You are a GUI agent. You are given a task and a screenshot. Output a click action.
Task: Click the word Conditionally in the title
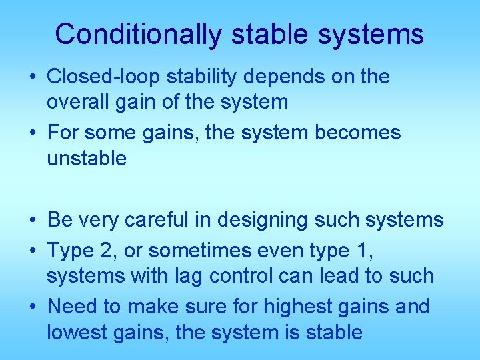[137, 34]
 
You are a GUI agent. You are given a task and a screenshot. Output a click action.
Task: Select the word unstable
[86, 158]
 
